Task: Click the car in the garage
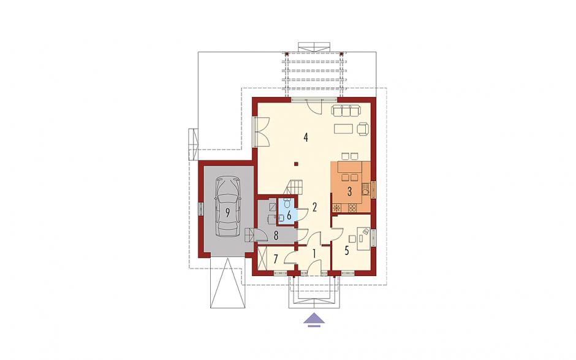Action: [227, 207]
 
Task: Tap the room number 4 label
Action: [306, 137]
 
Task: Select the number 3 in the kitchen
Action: [349, 191]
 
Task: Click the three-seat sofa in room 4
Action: [346, 110]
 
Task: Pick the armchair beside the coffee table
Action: [363, 128]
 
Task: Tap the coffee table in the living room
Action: [343, 128]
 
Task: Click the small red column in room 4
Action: [296, 164]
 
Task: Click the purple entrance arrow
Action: [314, 319]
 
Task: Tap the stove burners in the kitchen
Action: [352, 208]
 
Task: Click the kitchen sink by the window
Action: [365, 189]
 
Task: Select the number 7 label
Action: [276, 259]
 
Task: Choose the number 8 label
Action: [276, 236]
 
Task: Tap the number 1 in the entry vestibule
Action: [314, 253]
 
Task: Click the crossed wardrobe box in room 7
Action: [262, 259]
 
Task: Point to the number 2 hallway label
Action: [314, 207]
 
